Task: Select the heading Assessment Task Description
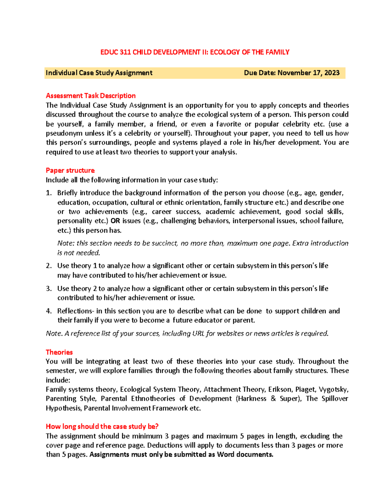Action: point(91,96)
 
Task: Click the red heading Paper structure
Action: point(70,170)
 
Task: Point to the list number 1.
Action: point(48,193)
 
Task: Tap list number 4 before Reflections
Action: point(48,311)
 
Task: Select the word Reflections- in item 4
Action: point(76,311)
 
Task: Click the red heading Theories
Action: point(59,352)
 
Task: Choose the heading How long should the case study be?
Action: point(102,426)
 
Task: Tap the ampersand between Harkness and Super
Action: point(273,399)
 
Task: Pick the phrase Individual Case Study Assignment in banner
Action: point(99,73)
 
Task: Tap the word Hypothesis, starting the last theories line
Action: point(64,408)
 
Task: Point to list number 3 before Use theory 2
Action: point(48,289)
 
